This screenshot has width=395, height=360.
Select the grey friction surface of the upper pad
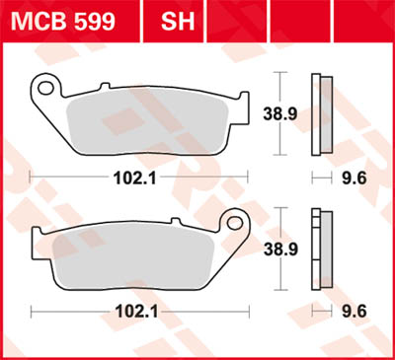point(148,116)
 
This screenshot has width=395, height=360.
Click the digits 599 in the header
point(94,21)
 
